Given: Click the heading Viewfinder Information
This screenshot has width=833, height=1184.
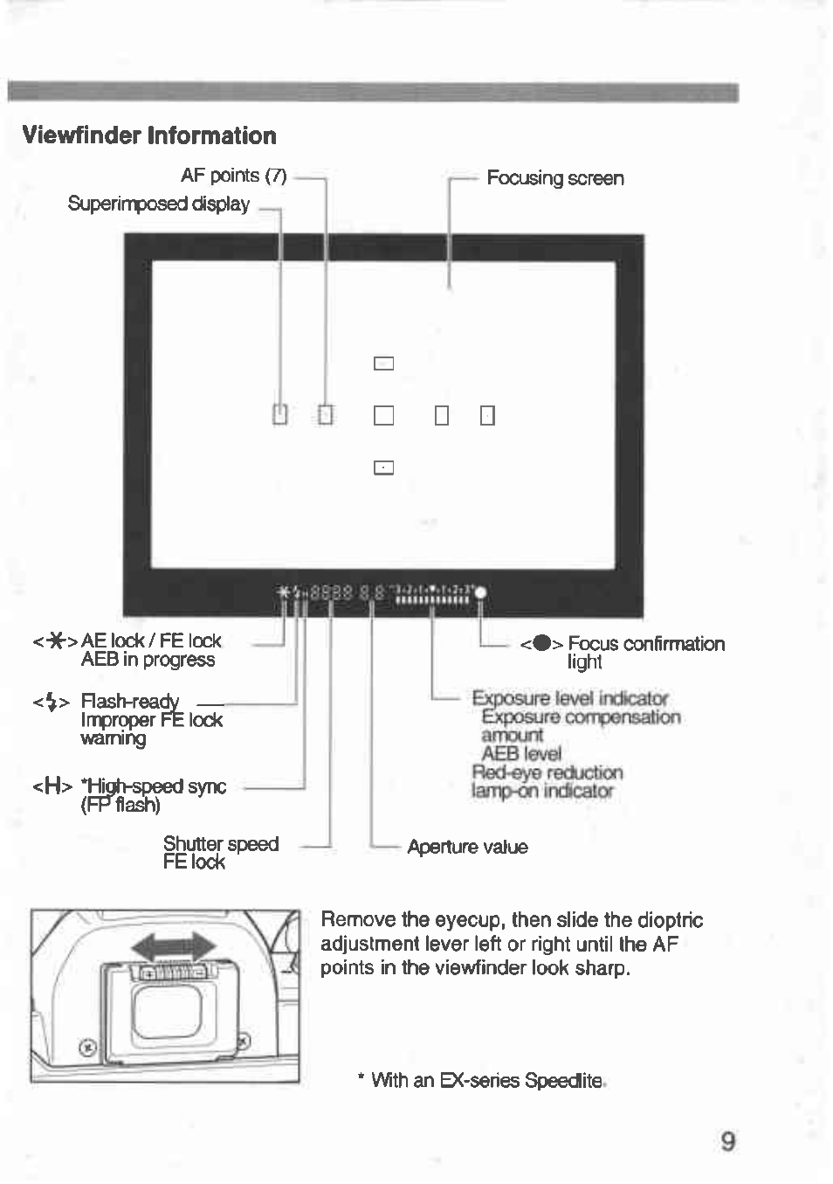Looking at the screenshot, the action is pyautogui.click(x=149, y=135).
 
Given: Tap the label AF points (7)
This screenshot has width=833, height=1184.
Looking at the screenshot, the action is pyautogui.click(x=233, y=176).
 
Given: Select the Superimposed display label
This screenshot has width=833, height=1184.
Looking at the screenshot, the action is pyautogui.click(x=158, y=204).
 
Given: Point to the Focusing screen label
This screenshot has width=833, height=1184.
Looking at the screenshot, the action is pyautogui.click(x=554, y=178).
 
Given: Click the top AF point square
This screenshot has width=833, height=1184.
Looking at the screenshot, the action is pyautogui.click(x=383, y=364).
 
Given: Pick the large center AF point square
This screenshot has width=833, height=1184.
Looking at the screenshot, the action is pyautogui.click(x=383, y=415).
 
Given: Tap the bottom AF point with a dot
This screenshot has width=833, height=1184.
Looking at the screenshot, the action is pyautogui.click(x=383, y=467).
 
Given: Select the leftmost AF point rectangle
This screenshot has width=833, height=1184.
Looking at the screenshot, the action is pyautogui.click(x=279, y=414).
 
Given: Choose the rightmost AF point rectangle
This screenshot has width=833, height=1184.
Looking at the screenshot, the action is pyautogui.click(x=487, y=415).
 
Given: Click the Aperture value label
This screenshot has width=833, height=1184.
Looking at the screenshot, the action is pyautogui.click(x=467, y=847).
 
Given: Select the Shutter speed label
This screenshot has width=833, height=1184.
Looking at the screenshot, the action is pyautogui.click(x=220, y=844).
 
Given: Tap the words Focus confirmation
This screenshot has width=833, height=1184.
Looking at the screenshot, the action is pyautogui.click(x=646, y=644).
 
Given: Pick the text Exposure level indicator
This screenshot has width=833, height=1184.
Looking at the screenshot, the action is pyautogui.click(x=569, y=698).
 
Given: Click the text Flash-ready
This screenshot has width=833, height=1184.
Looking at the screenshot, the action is pyautogui.click(x=129, y=701).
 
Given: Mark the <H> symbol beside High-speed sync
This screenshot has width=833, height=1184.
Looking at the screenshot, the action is pyautogui.click(x=52, y=786).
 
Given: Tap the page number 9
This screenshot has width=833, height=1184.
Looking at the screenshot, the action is pyautogui.click(x=727, y=1141).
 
